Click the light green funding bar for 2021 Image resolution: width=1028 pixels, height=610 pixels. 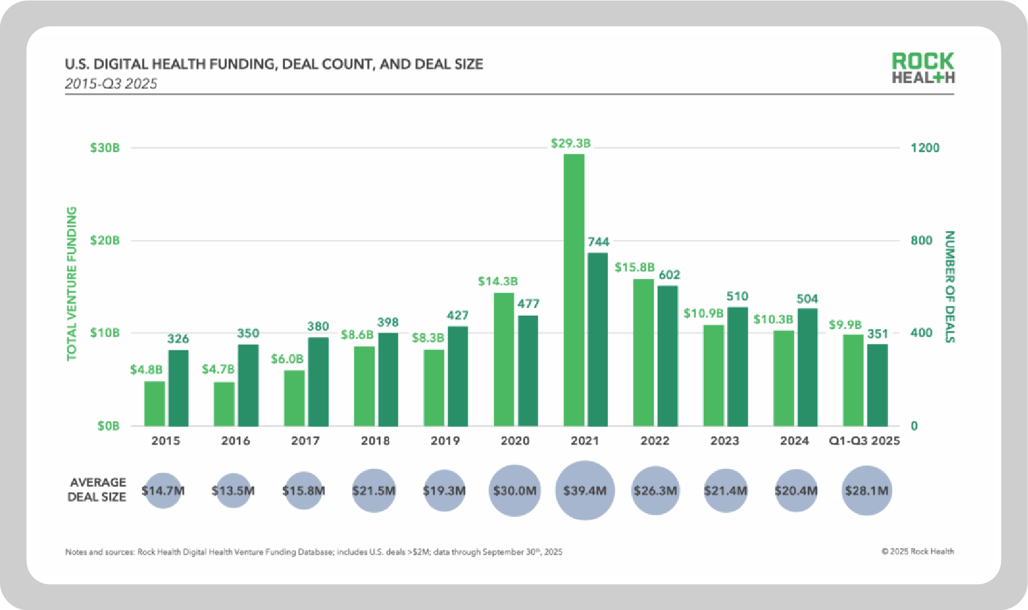(574, 290)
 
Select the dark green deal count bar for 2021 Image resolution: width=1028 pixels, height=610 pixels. (598, 339)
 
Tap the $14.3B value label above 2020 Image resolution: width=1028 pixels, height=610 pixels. (498, 281)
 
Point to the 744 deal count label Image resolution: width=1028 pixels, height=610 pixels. (599, 241)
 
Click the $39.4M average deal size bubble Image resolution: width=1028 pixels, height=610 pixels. (585, 490)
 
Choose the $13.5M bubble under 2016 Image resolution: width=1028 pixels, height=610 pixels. (233, 490)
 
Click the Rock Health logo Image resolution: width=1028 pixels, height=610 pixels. (923, 68)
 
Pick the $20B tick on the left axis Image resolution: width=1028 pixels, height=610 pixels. (105, 240)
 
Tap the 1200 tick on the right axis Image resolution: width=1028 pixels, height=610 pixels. (925, 147)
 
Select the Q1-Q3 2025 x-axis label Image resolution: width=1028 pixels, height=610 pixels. (864, 440)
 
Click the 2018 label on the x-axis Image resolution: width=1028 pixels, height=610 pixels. (375, 440)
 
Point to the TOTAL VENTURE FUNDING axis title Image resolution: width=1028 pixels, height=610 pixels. (72, 284)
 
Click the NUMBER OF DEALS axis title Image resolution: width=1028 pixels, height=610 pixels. (949, 287)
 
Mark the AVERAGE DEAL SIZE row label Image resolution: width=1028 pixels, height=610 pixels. (97, 490)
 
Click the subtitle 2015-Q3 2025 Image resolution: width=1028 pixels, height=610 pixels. (111, 84)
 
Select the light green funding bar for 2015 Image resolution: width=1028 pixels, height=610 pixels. (155, 403)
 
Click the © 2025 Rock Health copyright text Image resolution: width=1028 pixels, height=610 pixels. (918, 551)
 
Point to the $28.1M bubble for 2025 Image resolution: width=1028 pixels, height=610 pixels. (867, 490)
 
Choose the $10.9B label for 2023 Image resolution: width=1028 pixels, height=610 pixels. (703, 313)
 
